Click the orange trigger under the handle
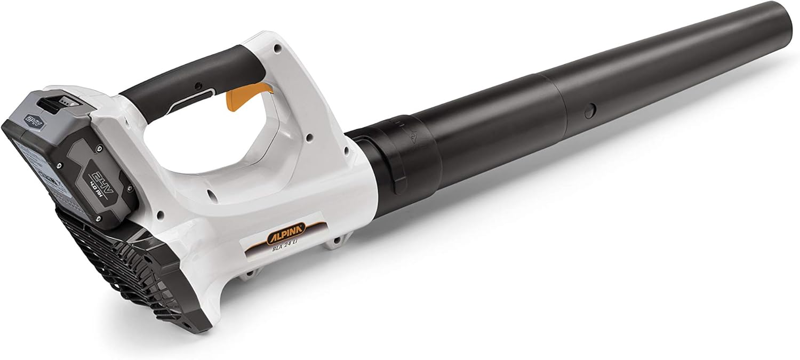pos(236,99)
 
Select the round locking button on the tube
pos(589,111)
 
